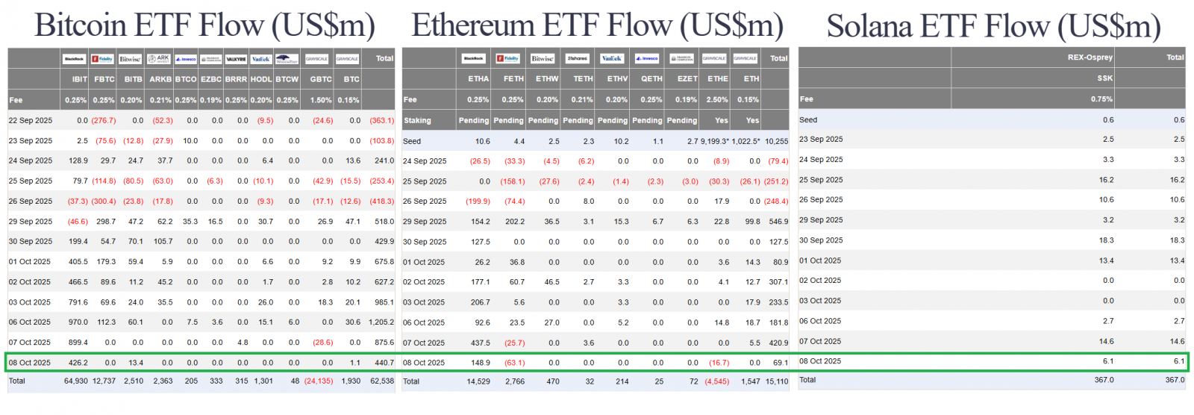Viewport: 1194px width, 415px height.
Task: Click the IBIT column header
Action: point(79,79)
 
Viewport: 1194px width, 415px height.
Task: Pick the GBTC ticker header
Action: point(321,79)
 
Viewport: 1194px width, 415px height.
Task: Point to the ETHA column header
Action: point(478,78)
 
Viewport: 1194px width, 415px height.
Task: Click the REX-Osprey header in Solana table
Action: point(1090,57)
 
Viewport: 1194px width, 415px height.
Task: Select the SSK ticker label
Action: point(1104,78)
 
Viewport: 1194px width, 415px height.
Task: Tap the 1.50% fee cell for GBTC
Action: point(321,100)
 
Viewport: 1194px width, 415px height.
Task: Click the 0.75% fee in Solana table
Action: point(1101,99)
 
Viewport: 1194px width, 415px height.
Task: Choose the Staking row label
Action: point(418,120)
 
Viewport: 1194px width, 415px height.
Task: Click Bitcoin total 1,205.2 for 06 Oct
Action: point(381,322)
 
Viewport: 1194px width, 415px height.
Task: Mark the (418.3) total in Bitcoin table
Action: point(381,202)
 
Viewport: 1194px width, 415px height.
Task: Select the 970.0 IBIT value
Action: point(78,322)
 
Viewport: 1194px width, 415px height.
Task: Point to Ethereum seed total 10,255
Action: point(776,141)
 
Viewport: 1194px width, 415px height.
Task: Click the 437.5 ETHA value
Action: point(480,343)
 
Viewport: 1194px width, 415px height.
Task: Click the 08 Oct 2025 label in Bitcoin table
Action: point(30,363)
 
